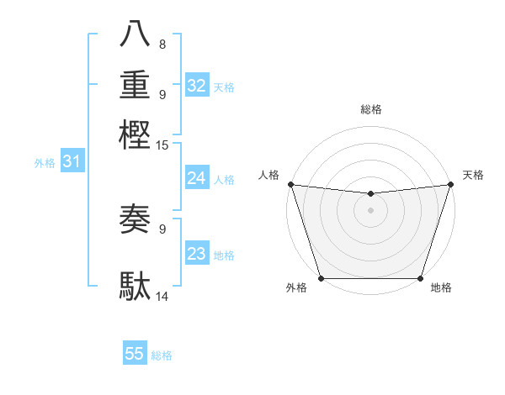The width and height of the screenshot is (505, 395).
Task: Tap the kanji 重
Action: click(136, 85)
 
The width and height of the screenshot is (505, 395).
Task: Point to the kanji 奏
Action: click(136, 221)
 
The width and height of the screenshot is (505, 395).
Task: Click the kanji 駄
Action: click(136, 286)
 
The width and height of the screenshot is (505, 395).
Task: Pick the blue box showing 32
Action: click(196, 86)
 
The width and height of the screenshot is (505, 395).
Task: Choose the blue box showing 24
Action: click(196, 178)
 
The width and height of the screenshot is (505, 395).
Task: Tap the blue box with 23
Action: click(196, 254)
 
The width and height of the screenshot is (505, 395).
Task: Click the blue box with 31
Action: click(72, 161)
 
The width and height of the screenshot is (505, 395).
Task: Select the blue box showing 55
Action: click(135, 354)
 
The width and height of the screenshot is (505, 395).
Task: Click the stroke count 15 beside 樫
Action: click(163, 146)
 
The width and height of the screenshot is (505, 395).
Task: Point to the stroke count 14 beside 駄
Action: click(163, 296)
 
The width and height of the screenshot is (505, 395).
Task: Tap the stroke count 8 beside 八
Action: click(162, 45)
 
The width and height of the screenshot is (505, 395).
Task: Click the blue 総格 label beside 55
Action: click(162, 355)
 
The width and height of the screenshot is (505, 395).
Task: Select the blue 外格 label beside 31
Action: click(45, 163)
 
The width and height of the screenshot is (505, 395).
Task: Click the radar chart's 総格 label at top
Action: click(370, 109)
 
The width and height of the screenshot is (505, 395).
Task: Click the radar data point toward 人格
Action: click(290, 184)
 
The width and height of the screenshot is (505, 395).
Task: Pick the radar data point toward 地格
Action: click(420, 278)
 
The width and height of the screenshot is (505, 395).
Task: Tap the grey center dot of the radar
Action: click(370, 210)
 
